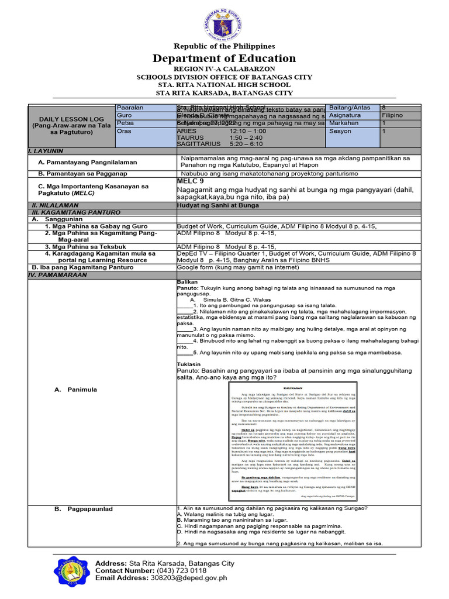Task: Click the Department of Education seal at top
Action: (224, 22)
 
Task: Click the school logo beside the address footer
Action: (72, 575)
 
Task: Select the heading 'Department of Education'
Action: (224, 58)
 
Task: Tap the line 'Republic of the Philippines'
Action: (224, 46)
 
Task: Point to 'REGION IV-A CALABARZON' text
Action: (224, 68)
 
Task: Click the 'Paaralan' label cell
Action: (130, 108)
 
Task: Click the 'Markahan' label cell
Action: (344, 123)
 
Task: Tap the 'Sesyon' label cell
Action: (341, 131)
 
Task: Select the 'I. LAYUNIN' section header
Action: (47, 151)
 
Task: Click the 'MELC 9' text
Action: (192, 181)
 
